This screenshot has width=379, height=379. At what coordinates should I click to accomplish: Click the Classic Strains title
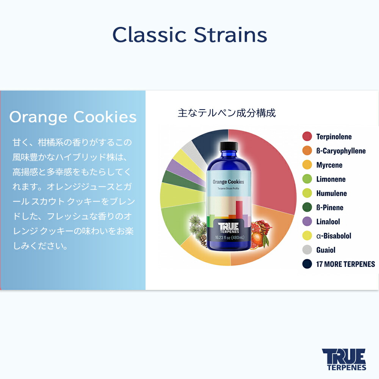(189, 35)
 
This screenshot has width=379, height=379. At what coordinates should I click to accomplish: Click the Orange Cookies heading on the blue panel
(73, 117)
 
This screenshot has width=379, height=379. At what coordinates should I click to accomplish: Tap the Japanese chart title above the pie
(227, 113)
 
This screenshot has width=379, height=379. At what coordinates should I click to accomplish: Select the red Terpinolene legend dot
(307, 136)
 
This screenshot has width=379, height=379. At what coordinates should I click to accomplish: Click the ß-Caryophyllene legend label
(341, 151)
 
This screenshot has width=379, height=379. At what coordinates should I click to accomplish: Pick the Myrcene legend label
(329, 165)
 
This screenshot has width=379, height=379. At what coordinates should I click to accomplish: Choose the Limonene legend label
(331, 179)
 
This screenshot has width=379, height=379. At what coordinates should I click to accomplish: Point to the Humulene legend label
(331, 193)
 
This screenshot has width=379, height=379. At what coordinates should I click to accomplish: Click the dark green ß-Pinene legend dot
(307, 207)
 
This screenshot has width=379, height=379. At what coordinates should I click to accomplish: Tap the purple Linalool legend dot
(307, 222)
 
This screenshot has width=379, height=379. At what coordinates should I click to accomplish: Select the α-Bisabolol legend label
(334, 236)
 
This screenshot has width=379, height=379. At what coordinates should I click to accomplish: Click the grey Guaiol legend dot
(307, 250)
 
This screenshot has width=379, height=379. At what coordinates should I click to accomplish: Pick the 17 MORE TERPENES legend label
(345, 264)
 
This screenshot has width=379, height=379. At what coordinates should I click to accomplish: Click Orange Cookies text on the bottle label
(228, 182)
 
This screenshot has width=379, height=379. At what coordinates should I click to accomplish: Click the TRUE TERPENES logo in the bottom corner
(344, 359)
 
